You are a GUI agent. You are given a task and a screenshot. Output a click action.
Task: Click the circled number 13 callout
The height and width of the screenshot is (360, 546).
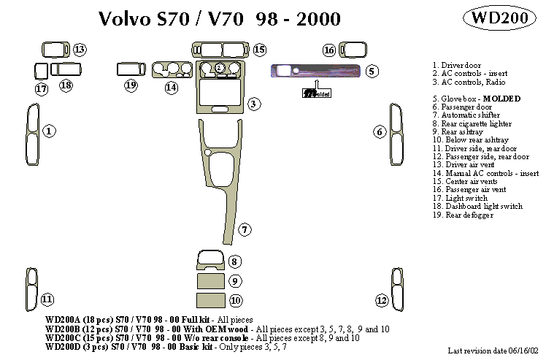pos(79,50)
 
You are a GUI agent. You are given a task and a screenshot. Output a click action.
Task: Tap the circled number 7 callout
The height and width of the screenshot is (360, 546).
pos(245,229)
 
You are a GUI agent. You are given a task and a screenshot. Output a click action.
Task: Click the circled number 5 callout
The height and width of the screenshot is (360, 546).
pos(371,71)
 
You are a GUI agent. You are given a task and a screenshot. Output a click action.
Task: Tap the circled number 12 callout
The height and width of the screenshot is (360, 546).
pos(381,300)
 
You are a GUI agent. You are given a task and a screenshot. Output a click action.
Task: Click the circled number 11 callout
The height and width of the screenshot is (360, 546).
pos(47,299)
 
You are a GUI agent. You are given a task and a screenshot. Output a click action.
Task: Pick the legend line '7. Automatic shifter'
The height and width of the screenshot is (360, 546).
pos(465,115)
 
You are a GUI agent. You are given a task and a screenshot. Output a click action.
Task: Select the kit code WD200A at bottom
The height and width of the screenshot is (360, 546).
pos(61,320)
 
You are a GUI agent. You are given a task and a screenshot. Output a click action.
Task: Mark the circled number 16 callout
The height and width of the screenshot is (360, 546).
pos(329,50)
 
